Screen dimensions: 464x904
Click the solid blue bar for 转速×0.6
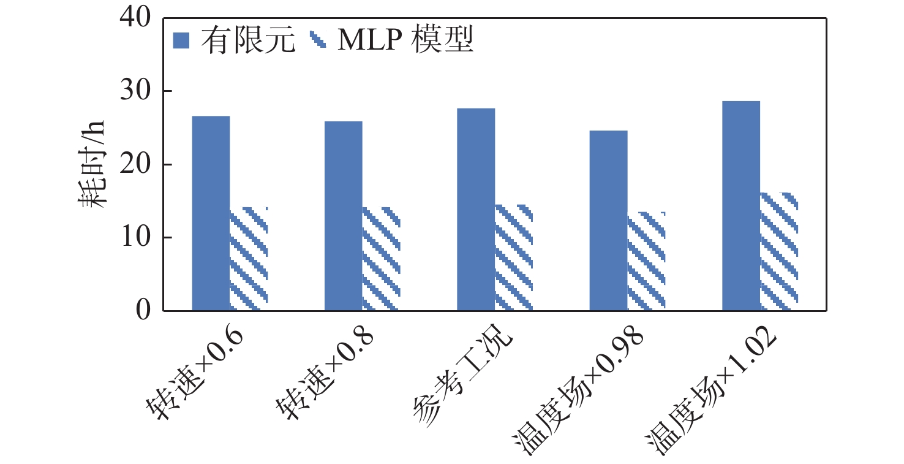click(211, 213)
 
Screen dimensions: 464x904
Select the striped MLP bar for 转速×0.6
click(249, 259)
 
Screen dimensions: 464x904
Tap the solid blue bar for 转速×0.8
click(343, 216)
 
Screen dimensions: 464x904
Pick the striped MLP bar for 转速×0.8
click(381, 259)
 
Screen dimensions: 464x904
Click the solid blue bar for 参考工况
click(476, 210)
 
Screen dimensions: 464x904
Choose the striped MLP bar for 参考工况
click(514, 258)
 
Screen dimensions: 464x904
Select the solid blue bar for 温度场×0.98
click(608, 221)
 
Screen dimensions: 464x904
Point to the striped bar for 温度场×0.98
click(646, 261)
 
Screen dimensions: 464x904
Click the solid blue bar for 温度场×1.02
click(740, 206)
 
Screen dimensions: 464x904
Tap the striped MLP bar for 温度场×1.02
click(778, 252)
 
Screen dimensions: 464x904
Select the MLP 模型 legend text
click(406, 41)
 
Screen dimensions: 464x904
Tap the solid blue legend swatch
click(183, 41)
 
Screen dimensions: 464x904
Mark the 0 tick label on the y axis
click(142, 311)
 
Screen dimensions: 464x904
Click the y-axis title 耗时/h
click(92, 164)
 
